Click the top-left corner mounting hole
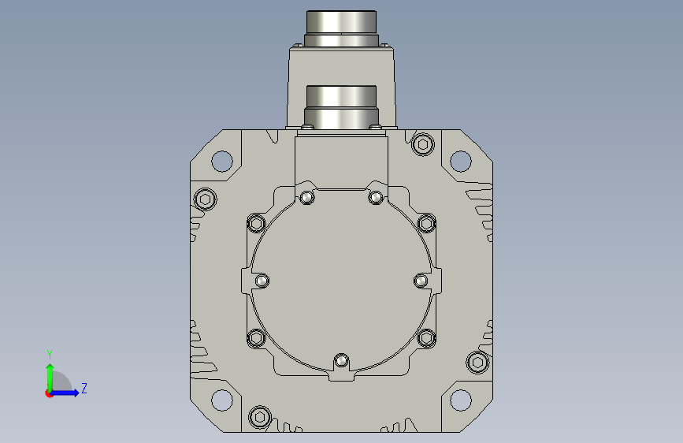[x=221, y=161]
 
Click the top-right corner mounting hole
[x=460, y=161]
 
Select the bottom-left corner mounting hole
[x=221, y=400]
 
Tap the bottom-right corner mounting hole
[x=460, y=400]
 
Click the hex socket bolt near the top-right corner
[x=422, y=144]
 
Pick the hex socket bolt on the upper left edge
[x=205, y=199]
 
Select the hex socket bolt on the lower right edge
[x=477, y=363]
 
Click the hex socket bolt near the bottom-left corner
[x=260, y=417]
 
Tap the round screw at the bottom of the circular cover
[x=341, y=361]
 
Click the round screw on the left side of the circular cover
[x=262, y=281]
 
